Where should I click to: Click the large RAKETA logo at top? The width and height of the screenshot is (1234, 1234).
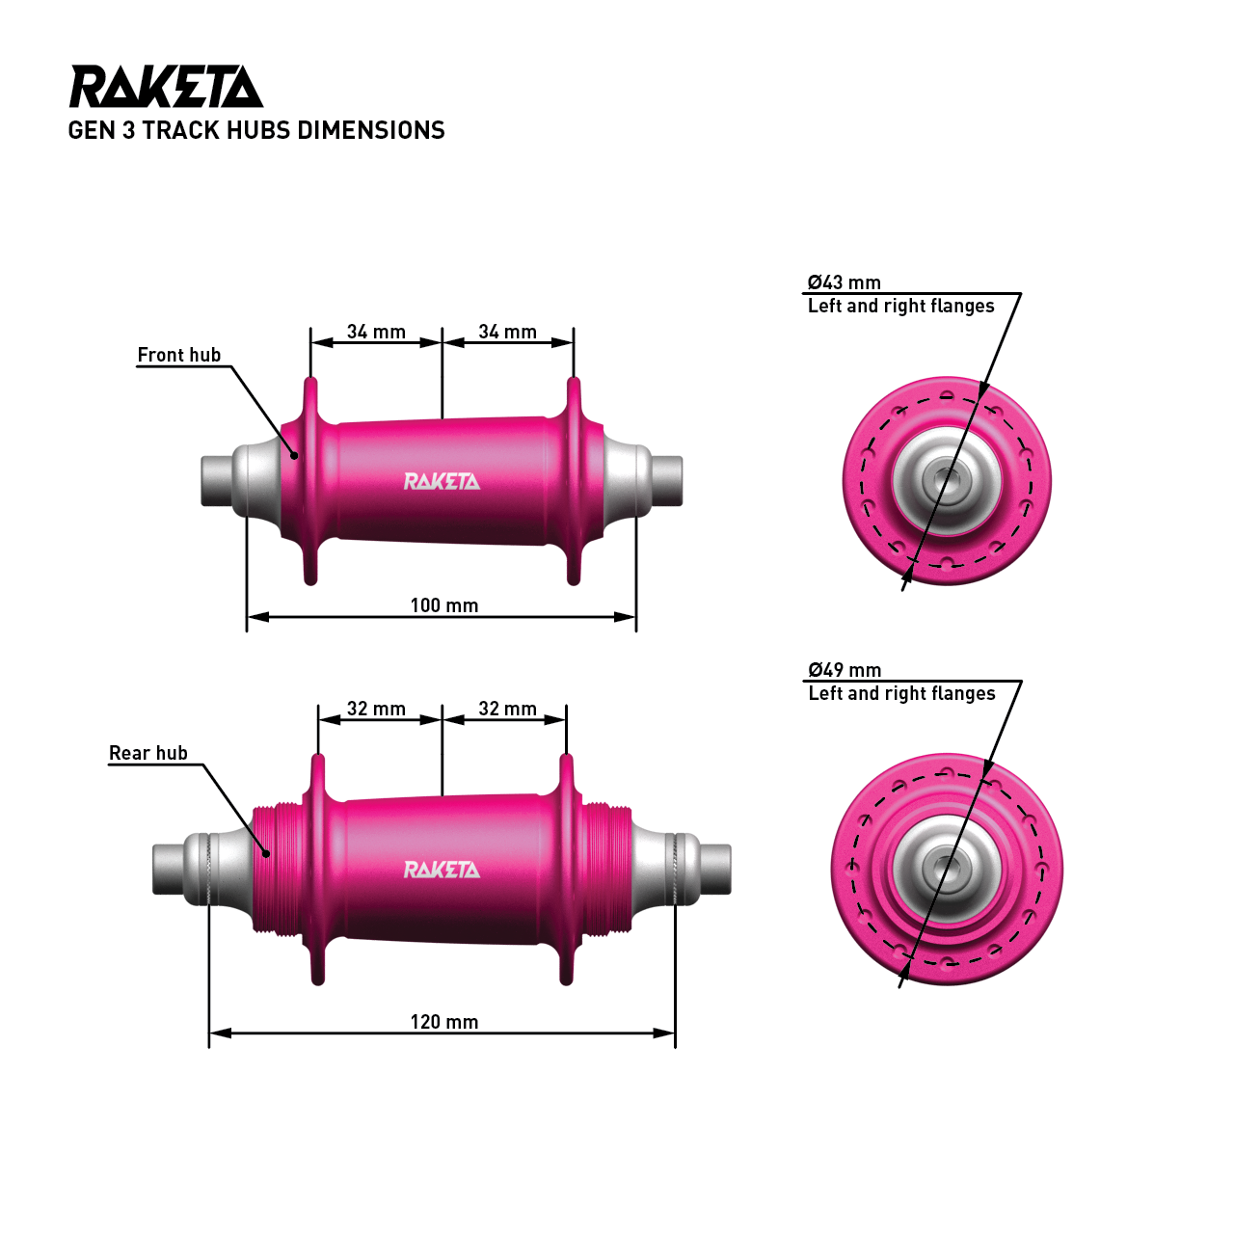pos(166,87)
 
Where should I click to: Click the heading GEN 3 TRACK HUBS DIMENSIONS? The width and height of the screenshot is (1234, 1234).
pos(256,131)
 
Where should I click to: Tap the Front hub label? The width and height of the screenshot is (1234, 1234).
pos(179,355)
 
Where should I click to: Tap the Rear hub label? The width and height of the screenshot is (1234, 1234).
pos(148,753)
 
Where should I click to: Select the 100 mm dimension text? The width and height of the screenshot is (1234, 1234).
pos(444,605)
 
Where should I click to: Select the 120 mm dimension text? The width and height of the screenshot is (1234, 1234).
pos(444,1022)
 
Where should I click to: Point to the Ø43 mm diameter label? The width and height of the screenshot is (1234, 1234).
pos(845,282)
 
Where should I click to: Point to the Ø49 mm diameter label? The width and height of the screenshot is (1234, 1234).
pos(845,670)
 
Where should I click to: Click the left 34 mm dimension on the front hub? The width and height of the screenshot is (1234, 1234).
pos(376,332)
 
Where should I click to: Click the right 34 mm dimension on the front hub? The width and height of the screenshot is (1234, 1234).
pos(508,332)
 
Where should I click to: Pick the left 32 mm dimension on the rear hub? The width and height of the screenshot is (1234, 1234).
pos(376,709)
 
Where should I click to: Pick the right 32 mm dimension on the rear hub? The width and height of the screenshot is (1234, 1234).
pos(508,709)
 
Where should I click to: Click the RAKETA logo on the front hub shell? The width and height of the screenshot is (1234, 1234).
pos(442,481)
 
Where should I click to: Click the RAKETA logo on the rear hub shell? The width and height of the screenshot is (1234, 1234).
pos(442,870)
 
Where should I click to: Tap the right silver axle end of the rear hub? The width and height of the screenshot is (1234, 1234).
pos(714,869)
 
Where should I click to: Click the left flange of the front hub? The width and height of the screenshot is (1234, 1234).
pos(310,480)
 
